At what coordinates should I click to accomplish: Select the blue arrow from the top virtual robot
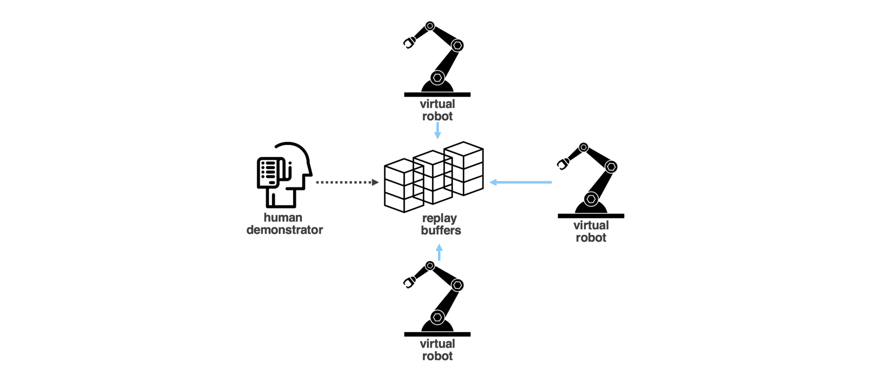(438, 130)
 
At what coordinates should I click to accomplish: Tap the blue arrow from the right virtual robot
(521, 182)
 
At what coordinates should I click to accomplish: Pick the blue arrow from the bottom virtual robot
(439, 252)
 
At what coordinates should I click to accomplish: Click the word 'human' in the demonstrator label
(283, 217)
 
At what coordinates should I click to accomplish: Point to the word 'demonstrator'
(285, 230)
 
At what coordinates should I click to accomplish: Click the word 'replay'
(439, 218)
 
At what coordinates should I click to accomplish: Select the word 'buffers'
(441, 230)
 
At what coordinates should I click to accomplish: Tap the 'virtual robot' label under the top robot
(438, 110)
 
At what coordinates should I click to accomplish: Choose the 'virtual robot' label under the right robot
(591, 231)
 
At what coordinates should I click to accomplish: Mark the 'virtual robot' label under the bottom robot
(438, 349)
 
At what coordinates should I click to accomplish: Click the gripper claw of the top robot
(409, 43)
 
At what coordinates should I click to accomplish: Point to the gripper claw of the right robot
(563, 164)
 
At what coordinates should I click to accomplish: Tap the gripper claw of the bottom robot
(409, 283)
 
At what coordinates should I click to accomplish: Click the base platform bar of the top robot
(437, 94)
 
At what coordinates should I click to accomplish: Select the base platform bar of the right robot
(591, 216)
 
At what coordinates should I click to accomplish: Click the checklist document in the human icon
(269, 172)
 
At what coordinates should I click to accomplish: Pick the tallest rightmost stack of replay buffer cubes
(464, 168)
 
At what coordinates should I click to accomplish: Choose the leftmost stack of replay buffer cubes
(403, 186)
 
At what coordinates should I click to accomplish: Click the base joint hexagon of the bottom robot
(438, 317)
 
